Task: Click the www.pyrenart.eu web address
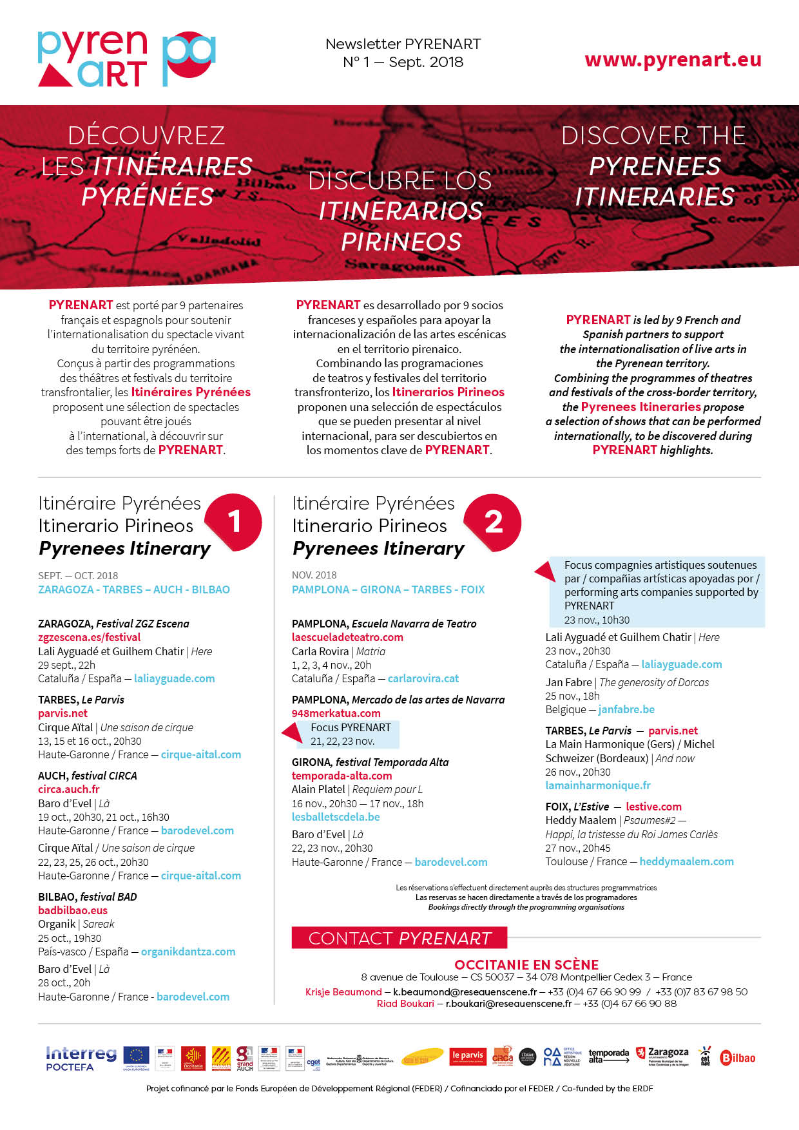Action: point(673,60)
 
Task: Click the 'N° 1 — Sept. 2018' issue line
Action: point(403,62)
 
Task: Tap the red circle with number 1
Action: point(235,521)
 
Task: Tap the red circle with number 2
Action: point(493,522)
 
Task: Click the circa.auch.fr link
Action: point(69,789)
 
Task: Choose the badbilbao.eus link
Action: point(73,910)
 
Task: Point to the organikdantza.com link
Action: point(188,952)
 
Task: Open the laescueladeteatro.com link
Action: point(347,637)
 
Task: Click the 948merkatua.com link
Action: point(336,713)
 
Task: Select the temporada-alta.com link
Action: point(342,776)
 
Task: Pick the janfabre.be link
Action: point(626,709)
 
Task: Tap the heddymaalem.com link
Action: point(686,861)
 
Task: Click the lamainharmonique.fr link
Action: point(598,785)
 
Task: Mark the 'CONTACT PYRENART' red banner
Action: point(400,938)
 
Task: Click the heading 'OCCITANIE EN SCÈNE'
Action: point(526,964)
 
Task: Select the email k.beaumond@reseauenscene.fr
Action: point(465,992)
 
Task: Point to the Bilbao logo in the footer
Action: point(738,1058)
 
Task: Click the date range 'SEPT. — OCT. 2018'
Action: point(78,575)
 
